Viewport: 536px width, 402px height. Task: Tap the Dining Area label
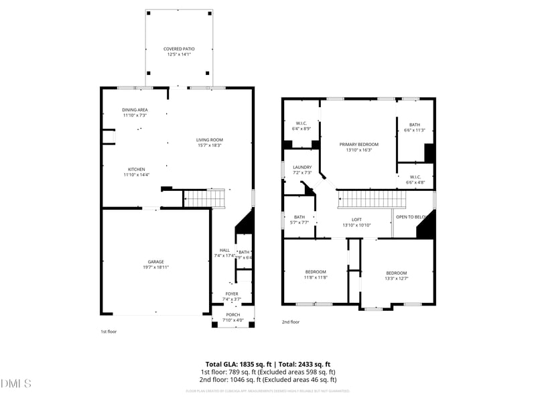coord(135,110)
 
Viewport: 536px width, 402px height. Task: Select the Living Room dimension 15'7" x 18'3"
coord(209,145)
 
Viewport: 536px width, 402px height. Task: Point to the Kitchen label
coord(137,169)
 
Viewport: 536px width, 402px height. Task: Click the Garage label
coord(155,261)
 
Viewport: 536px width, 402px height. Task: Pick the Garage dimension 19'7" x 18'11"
coord(155,267)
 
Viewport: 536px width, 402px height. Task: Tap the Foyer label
coord(231,293)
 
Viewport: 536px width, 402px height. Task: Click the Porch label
coord(232,315)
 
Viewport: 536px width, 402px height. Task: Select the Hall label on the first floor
coord(224,250)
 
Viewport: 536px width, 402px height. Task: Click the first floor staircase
coord(204,198)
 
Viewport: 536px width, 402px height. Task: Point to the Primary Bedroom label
coord(358,144)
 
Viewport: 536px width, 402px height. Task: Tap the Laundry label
coord(302,167)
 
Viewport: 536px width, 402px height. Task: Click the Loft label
coord(357,219)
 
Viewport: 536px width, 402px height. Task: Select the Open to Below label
coord(411,217)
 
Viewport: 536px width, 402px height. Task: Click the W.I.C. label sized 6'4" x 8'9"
coord(301,123)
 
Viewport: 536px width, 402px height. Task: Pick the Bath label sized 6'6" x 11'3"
coord(415,125)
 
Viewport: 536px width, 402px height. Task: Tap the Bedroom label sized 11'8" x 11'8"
coord(315,271)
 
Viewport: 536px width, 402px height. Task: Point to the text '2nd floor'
coord(291,322)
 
